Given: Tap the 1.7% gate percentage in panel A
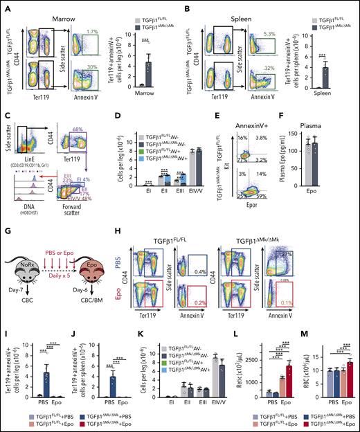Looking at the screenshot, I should (99, 30).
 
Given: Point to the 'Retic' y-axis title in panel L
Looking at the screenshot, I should (245, 352).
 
